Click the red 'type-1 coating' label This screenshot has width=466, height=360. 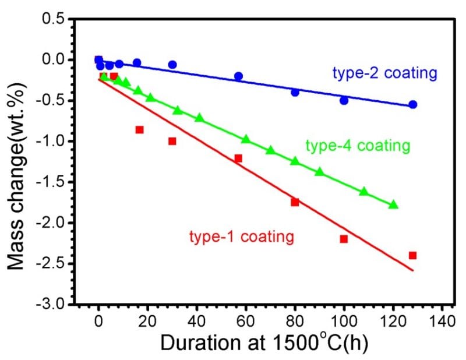241,237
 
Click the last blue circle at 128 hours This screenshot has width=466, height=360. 413,104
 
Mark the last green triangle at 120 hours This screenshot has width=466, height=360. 393,204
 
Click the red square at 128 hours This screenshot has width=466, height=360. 413,255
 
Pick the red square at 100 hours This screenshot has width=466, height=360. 344,239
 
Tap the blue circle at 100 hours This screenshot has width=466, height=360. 344,100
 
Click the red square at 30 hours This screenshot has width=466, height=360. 172,141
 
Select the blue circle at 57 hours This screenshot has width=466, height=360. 238,76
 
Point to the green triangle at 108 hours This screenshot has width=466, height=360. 363,192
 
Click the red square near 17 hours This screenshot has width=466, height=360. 139,129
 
